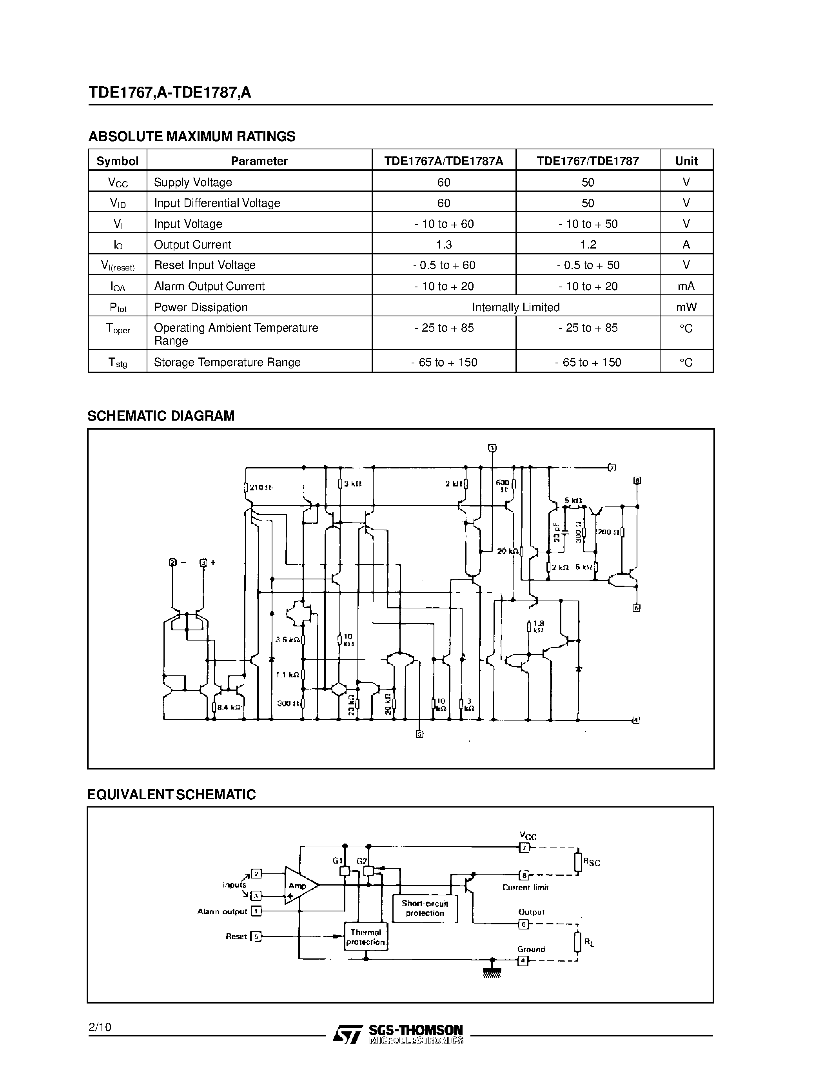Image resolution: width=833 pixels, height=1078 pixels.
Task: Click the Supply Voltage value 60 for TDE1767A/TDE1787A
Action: (444, 182)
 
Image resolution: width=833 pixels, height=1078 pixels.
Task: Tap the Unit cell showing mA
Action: (686, 286)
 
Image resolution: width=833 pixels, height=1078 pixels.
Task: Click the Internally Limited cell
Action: (516, 307)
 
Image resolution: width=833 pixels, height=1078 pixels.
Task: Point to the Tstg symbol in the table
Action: (118, 362)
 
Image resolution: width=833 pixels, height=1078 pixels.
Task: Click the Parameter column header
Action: (259, 161)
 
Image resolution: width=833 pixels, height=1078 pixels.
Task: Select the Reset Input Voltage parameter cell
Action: (205, 265)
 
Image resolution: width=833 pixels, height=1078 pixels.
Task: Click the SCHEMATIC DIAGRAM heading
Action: (161, 416)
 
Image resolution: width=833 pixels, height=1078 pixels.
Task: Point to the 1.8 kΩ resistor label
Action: (538, 626)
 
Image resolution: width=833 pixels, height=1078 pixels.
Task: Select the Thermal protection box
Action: (366, 937)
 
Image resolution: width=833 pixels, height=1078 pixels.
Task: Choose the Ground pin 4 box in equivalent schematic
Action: (523, 960)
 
